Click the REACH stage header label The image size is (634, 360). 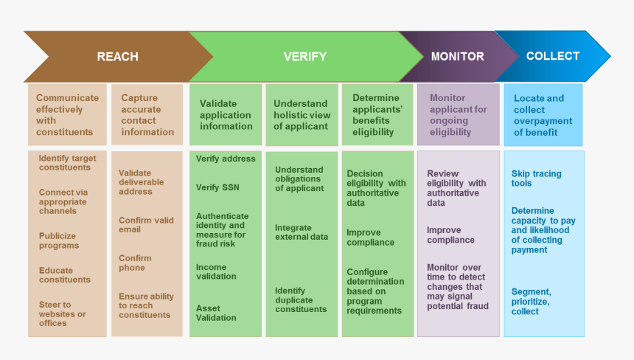(117, 57)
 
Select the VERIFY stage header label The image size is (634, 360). (304, 57)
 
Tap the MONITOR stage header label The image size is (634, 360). (457, 56)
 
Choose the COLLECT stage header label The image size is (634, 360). (553, 56)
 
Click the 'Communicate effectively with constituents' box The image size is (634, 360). (68, 114)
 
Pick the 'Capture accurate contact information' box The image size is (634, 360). (147, 114)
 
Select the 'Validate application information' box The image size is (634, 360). (226, 115)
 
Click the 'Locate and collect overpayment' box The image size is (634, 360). (543, 115)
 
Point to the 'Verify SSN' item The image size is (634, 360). (217, 187)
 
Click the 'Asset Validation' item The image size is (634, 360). (216, 313)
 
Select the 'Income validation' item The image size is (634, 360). (216, 271)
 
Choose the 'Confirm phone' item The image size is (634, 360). (135, 263)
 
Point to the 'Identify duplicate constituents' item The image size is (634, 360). (301, 300)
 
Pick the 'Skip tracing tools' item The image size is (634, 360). (536, 179)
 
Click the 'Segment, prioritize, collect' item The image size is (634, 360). (530, 301)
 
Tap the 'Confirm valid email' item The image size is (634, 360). (146, 225)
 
